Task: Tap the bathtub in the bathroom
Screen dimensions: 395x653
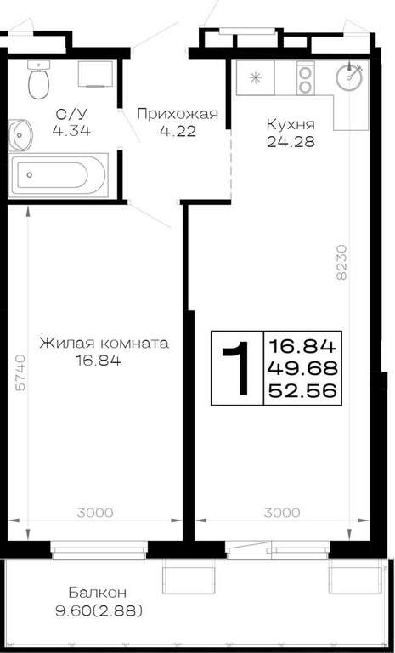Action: [x=59, y=175]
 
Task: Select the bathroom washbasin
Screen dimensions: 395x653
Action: [x=20, y=134]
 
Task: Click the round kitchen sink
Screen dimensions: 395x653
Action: [x=350, y=77]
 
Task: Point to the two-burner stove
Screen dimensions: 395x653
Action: [x=306, y=77]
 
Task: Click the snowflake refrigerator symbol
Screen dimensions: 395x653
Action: [x=254, y=77]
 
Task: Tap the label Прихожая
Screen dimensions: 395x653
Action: [x=178, y=114]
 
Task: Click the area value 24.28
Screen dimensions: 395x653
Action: [x=291, y=142]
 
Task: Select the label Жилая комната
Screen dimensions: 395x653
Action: [x=104, y=344]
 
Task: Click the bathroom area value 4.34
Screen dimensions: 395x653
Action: [x=71, y=131]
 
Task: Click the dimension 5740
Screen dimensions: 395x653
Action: [x=20, y=372]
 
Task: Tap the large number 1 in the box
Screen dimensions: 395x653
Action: [x=237, y=367]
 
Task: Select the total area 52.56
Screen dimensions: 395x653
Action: [x=302, y=390]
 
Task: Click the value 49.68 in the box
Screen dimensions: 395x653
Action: [x=302, y=368]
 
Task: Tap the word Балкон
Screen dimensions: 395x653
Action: [x=98, y=592]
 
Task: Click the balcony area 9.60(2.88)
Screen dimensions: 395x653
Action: [x=99, y=611]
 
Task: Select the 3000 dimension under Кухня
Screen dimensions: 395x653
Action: [x=282, y=513]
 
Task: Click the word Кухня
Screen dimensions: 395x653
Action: [x=291, y=124]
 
